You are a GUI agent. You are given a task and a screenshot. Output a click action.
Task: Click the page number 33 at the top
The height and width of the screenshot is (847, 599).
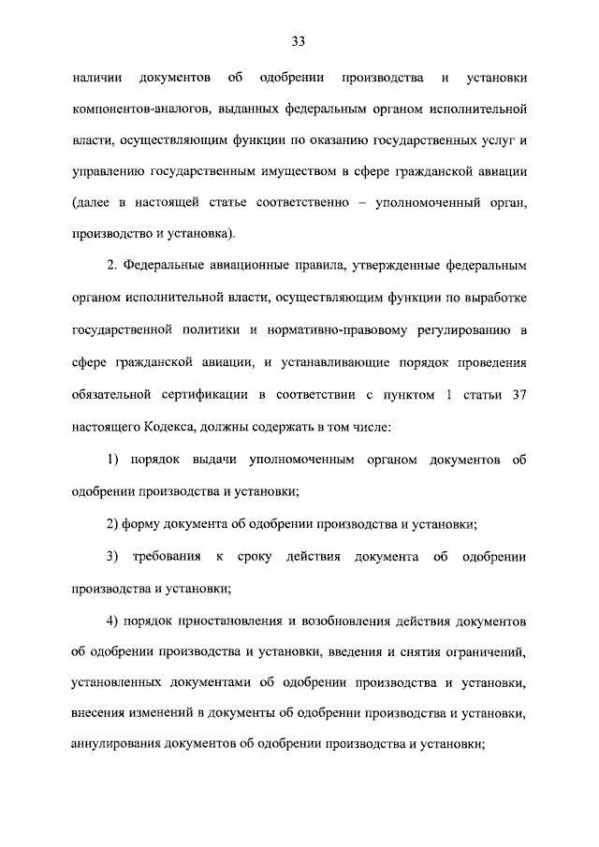(x=299, y=40)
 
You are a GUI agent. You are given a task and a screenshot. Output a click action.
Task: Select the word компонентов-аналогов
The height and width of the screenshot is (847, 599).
(x=139, y=110)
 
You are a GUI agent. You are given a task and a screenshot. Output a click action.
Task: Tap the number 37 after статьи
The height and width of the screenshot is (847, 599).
(x=518, y=393)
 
